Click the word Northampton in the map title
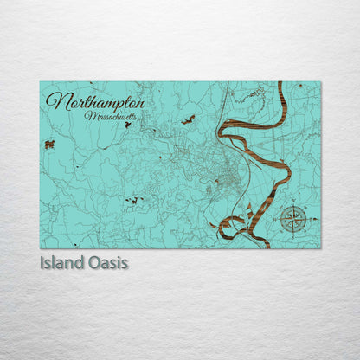tap(95, 101)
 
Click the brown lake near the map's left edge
tap(49, 145)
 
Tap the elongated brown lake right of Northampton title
tap(188, 119)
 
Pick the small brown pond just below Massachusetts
tap(128, 125)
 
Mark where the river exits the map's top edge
tap(280, 83)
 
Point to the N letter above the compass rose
tap(294, 204)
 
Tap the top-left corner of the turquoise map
tap(40, 82)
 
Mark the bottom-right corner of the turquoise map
tap(320, 247)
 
